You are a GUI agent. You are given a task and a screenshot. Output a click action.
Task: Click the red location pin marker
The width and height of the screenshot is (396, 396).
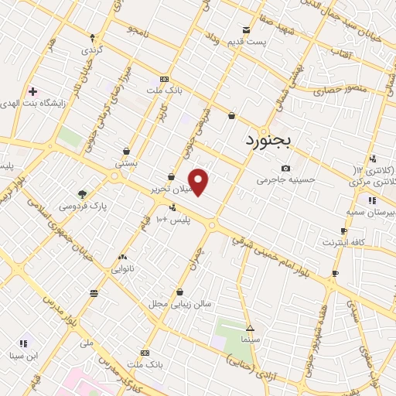pos(199,182)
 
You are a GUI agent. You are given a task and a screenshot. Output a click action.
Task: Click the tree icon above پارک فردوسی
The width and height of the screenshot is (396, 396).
pos(83,194)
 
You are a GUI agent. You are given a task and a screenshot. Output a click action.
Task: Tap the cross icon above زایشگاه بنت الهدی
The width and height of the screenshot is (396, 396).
pos(32,91)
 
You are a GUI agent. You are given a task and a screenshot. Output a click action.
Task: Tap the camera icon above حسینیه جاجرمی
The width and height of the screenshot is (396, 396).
pos(285,169)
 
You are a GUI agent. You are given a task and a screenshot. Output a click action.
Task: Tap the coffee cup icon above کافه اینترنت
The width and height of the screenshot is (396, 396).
pos(344,231)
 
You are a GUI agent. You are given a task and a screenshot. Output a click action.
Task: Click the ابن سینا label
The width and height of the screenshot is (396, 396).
pos(24,356)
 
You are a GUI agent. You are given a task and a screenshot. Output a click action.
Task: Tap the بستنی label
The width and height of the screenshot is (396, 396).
pos(125,162)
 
